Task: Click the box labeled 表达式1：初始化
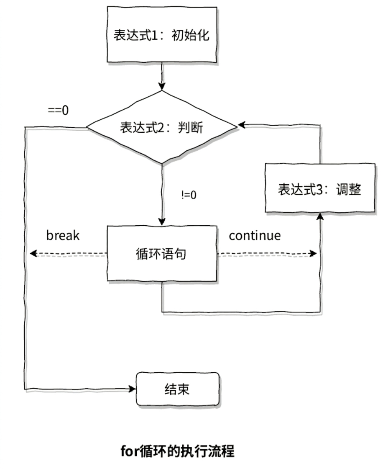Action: tap(162, 35)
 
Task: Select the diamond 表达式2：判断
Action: tap(161, 127)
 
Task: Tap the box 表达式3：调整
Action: tap(320, 188)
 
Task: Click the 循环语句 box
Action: tap(162, 254)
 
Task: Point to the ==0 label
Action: tap(58, 111)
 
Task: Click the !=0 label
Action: tap(189, 195)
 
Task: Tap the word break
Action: tap(63, 235)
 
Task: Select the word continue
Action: tap(255, 236)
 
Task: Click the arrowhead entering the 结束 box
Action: tap(132, 389)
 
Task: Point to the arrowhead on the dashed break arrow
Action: tap(33, 254)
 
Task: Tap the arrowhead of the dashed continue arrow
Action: tap(313, 254)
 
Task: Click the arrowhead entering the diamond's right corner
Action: tap(242, 125)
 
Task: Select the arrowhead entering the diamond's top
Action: tap(162, 86)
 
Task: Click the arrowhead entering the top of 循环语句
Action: tap(162, 222)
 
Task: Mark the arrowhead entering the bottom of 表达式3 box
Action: tap(320, 216)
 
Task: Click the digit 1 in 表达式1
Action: tap(154, 35)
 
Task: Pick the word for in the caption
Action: tap(130, 451)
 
